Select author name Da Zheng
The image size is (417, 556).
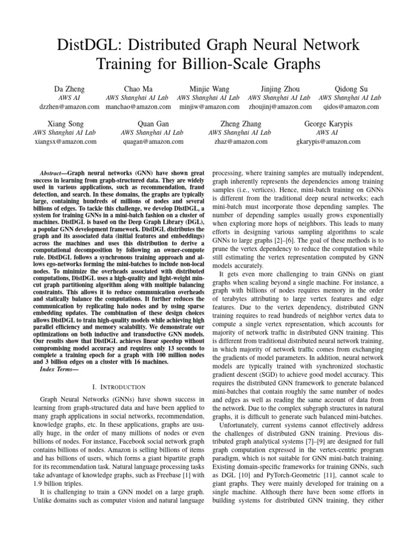coord(68,89)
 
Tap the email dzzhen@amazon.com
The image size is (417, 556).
coord(68,107)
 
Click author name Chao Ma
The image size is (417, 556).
coord(138,89)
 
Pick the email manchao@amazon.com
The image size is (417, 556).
coord(138,107)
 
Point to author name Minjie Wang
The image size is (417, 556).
coord(208,89)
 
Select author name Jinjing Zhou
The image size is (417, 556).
coord(279,89)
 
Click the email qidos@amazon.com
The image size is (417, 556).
coord(349,107)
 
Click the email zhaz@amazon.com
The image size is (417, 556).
coord(239,142)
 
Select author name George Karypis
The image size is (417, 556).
coord(328,124)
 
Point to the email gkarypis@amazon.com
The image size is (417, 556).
coord(328,142)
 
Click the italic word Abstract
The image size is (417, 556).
coord(53,170)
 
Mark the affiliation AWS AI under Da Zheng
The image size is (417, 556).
coord(68,98)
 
